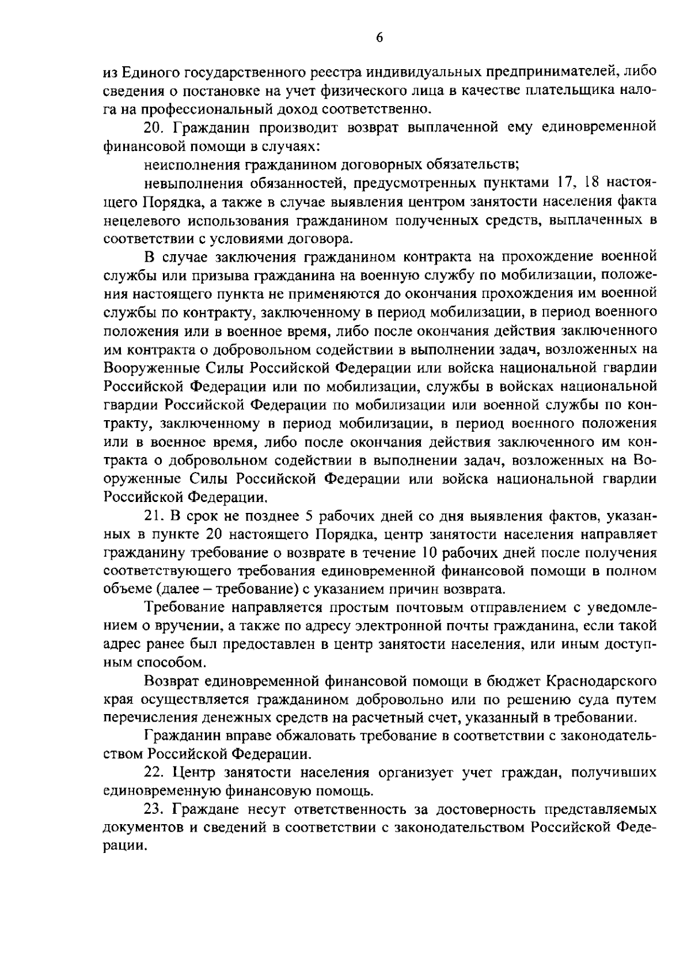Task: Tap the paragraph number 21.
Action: click(x=153, y=515)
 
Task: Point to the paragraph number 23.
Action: click(x=153, y=809)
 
